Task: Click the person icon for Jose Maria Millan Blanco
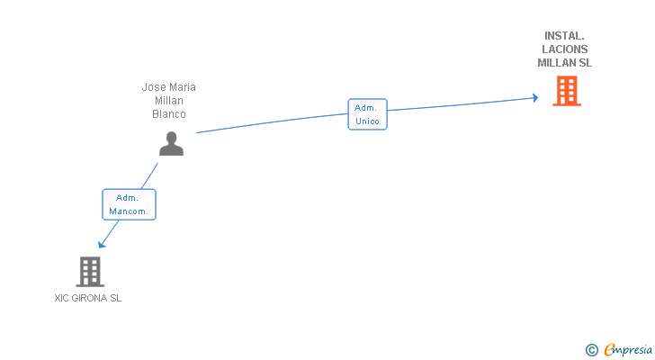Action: pyautogui.click(x=171, y=144)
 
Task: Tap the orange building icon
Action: pyautogui.click(x=566, y=90)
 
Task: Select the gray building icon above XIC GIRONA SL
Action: pyautogui.click(x=89, y=271)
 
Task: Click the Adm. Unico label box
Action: pyautogui.click(x=367, y=114)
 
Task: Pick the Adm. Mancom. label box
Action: pyautogui.click(x=129, y=204)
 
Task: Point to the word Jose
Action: pyautogui.click(x=154, y=87)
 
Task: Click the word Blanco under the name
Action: pyautogui.click(x=169, y=114)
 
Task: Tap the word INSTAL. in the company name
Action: pyautogui.click(x=565, y=36)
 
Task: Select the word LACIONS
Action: pyautogui.click(x=565, y=49)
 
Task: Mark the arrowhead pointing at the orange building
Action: pyautogui.click(x=535, y=98)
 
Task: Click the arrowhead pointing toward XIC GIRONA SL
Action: pyautogui.click(x=102, y=244)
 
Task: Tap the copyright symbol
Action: pyautogui.click(x=591, y=349)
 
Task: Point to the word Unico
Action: pyautogui.click(x=367, y=121)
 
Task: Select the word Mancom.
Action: pyautogui.click(x=129, y=211)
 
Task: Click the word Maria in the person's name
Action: pyautogui.click(x=182, y=87)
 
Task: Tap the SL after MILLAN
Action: pyautogui.click(x=585, y=63)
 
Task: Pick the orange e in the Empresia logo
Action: pyautogui.click(x=609, y=349)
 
